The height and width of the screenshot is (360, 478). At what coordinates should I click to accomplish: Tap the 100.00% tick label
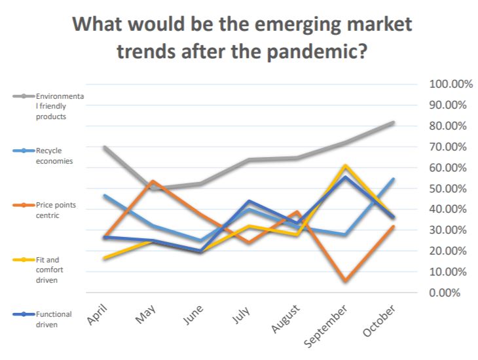450,84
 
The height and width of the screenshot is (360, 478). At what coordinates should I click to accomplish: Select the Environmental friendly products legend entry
60,106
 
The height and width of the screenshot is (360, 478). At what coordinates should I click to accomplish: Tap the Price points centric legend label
56,209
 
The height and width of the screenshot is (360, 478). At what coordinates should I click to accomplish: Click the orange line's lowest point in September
345,281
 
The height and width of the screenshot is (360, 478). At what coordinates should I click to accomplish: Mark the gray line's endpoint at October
393,122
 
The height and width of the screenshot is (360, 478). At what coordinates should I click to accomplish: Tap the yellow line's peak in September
345,166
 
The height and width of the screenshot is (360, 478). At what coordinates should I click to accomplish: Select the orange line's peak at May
153,181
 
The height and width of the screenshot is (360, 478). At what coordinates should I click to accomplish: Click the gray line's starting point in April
105,147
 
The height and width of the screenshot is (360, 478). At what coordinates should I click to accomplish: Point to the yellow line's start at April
105,258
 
